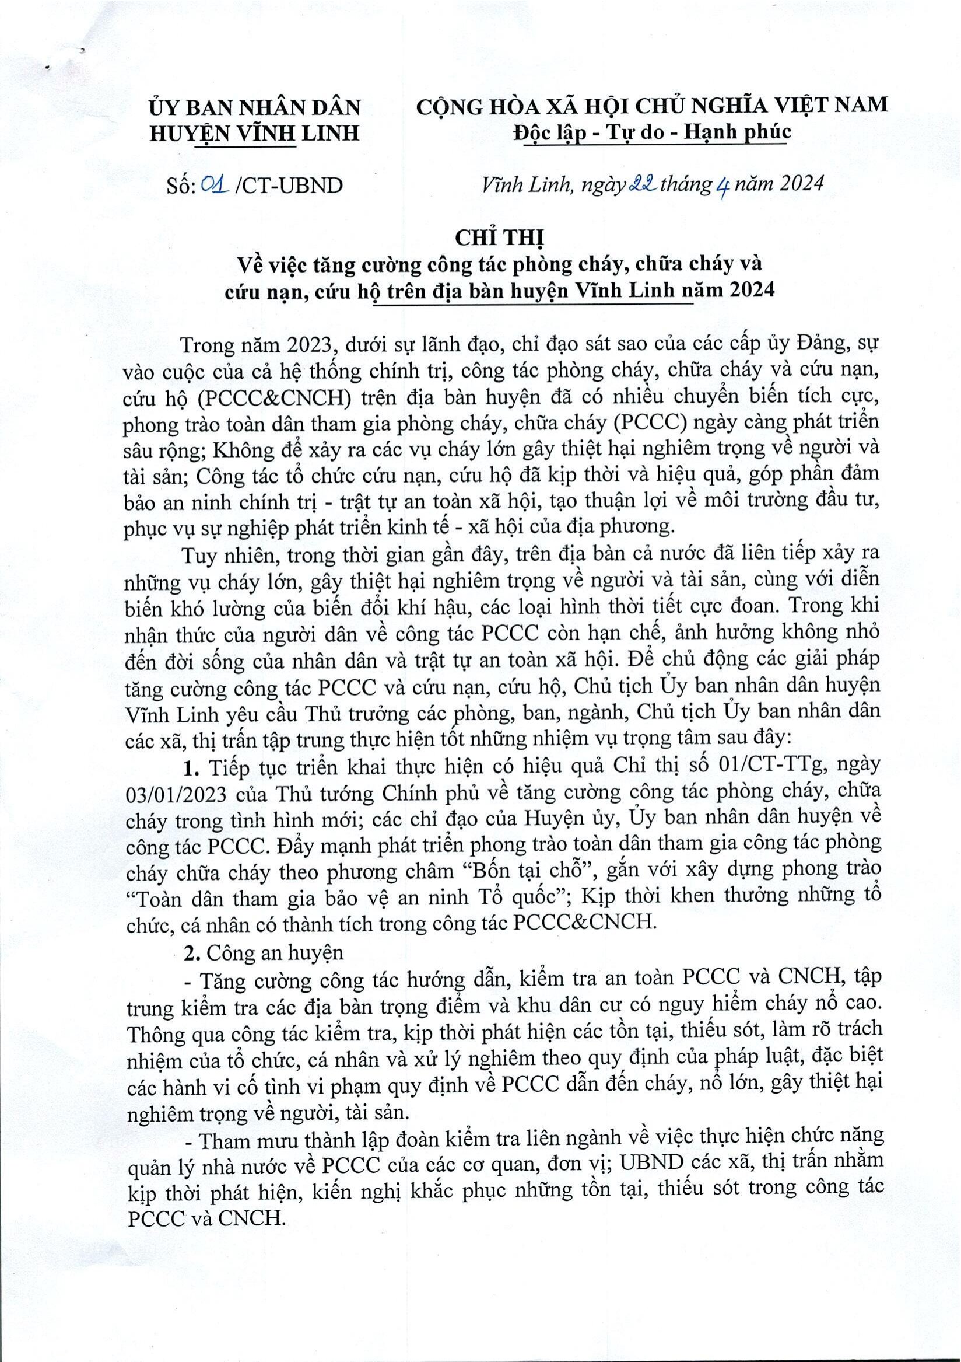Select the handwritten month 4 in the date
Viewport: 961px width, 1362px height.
722,186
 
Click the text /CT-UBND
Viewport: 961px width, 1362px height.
289,186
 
